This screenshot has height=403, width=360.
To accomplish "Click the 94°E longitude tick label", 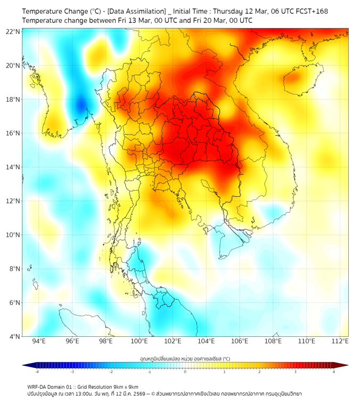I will click(39, 342).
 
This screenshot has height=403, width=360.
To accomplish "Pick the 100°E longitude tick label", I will click(140, 342).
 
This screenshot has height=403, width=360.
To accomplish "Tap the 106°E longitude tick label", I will click(240, 342).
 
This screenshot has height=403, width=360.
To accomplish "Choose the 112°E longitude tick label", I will click(340, 342).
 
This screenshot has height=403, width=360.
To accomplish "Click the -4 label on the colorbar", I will click(37, 372).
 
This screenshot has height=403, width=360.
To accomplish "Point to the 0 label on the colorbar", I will click(185, 372).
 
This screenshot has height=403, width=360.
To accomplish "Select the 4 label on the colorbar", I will click(334, 372).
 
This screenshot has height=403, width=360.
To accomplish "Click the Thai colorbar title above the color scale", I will click(185, 359).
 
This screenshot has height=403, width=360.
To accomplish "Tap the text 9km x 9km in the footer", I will click(125, 386).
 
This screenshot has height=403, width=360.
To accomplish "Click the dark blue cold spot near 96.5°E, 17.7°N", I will click(81, 104).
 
